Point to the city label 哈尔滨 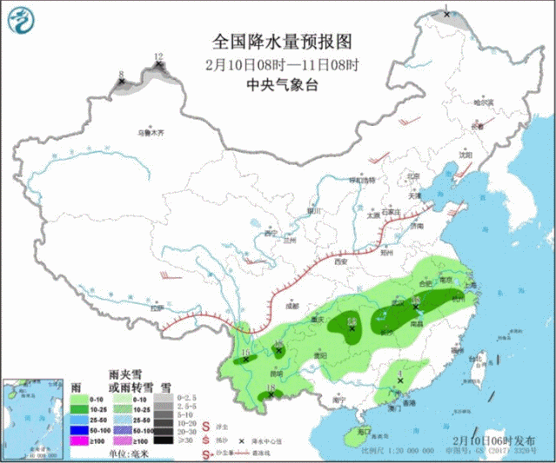(x=483, y=103)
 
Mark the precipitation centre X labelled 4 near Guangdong (x=399, y=380)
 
